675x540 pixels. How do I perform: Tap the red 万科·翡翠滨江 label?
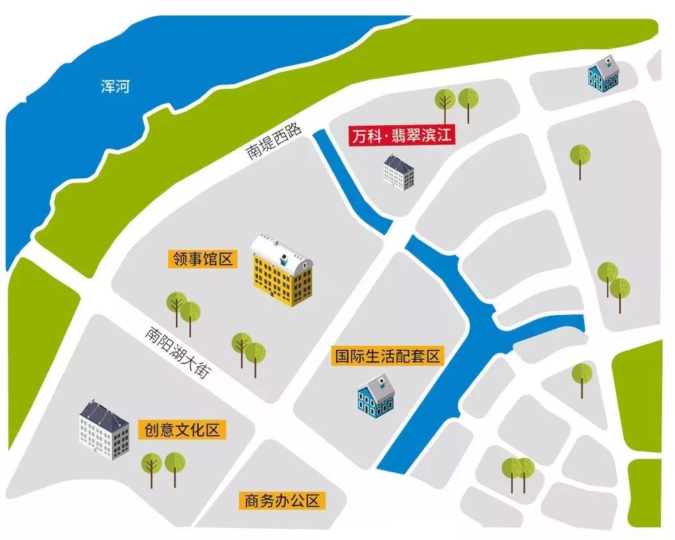coord(401,137)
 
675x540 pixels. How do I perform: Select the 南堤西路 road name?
coord(270,142)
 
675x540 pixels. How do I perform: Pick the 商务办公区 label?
coord(281,500)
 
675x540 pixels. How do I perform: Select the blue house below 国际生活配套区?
coord(376,395)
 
